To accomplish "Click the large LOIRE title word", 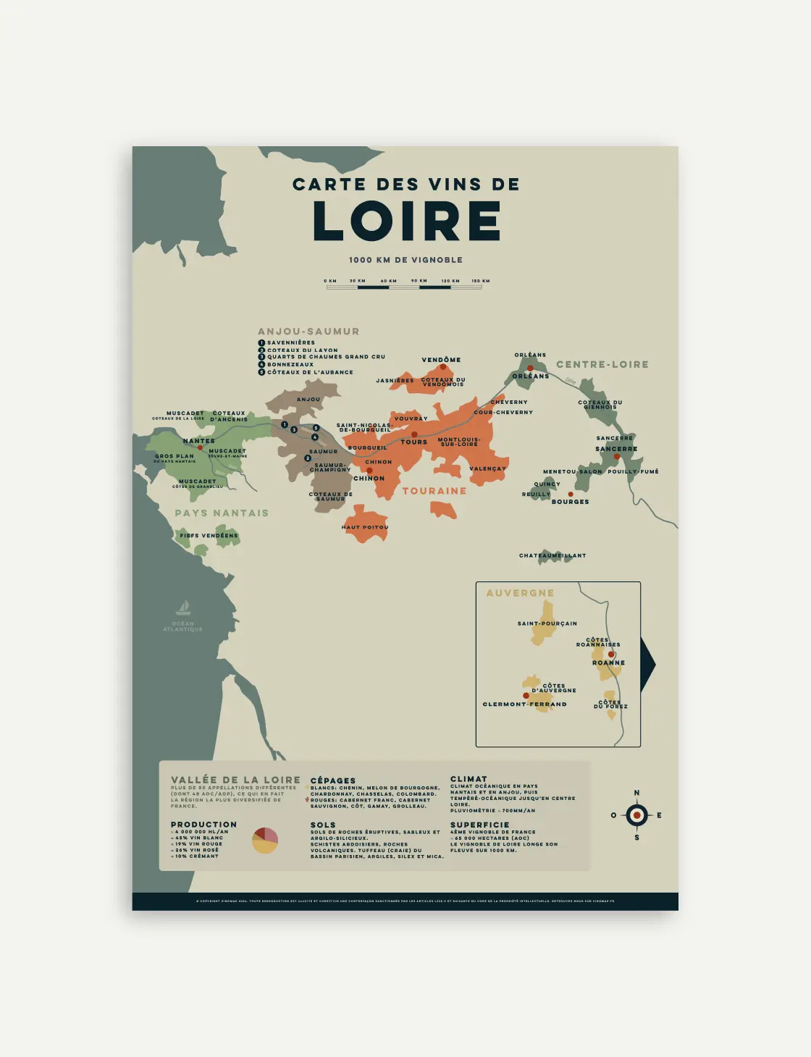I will pos(406,221).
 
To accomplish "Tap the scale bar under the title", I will pos(404,287).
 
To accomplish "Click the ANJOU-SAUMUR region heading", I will pos(308,332).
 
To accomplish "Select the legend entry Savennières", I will pos(290,342).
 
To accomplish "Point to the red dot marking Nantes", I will pos(200,447).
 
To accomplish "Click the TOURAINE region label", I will pos(434,491).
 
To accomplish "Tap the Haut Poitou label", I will pos(365,527).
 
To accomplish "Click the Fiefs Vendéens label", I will pos(209,536).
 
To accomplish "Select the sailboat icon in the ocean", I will pos(183,607).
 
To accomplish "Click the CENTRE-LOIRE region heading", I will pos(602,364).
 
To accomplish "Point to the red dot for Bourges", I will pos(570,494).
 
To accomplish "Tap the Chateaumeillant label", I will pos(552,555).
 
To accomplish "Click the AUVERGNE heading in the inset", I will pos(520,593).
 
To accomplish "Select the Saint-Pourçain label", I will pos(547,623).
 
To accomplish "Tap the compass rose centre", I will pos(636,815).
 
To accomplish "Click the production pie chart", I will pos(265,840).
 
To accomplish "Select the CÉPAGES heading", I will pos(333,780).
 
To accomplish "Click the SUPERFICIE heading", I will pos(479,825).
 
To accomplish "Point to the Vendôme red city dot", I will pos(443,367).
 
